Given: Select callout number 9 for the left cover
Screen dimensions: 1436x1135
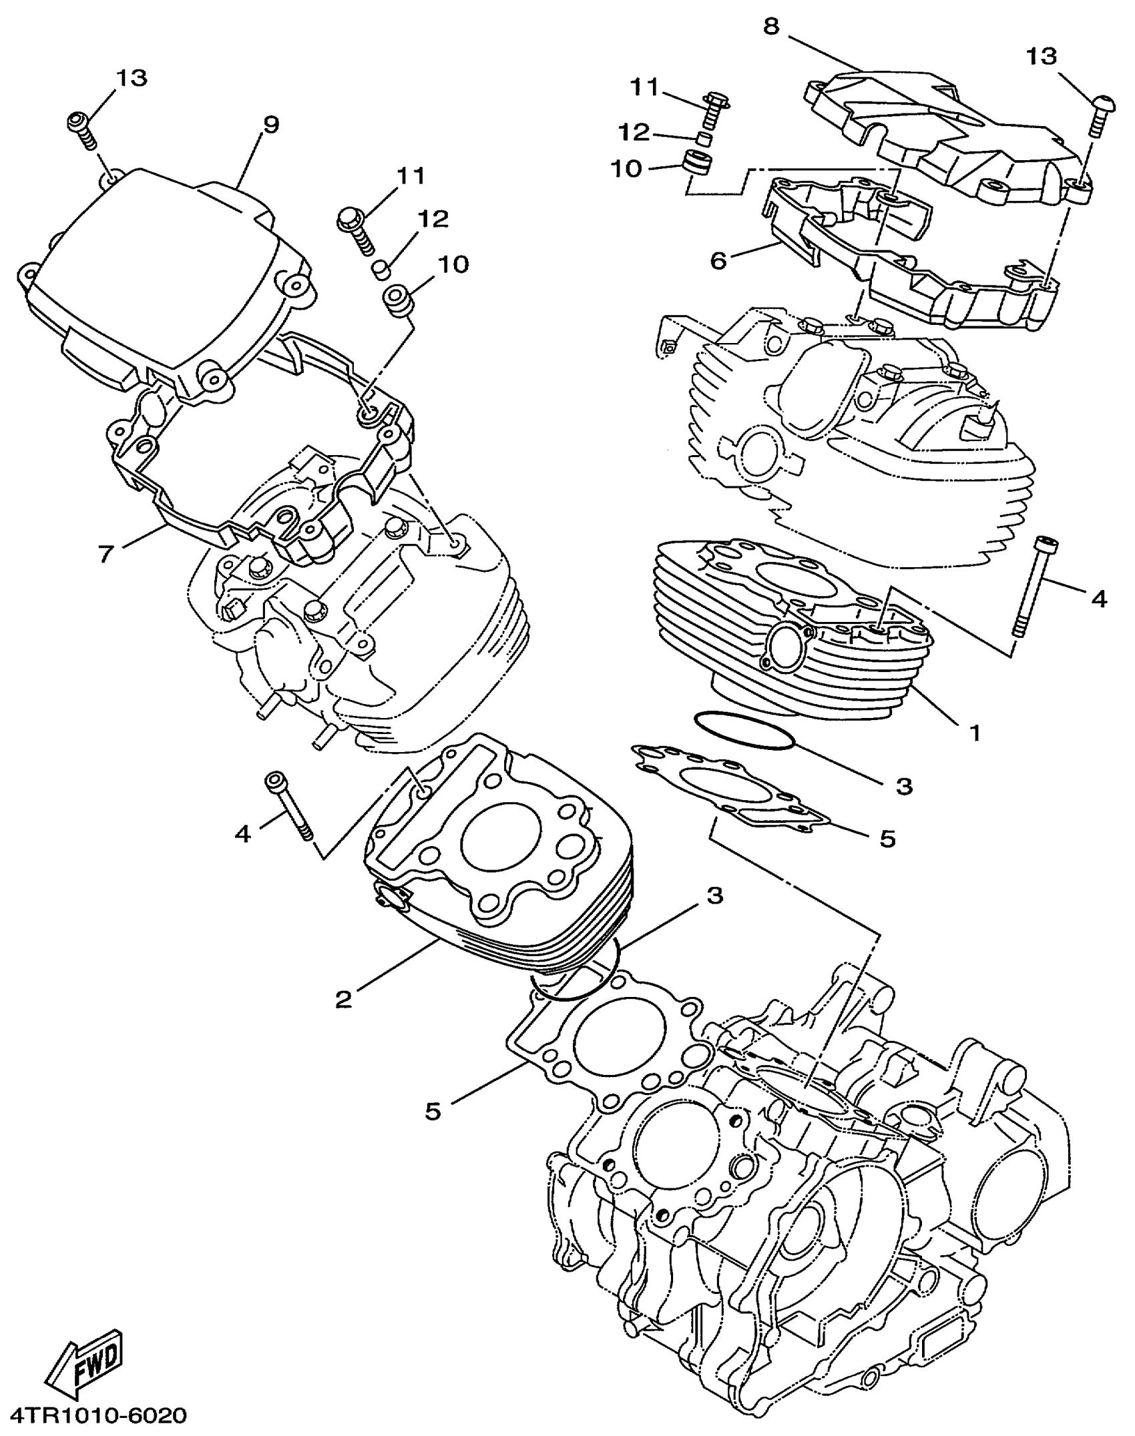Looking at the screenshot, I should (270, 124).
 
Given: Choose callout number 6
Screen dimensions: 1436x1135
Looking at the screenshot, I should (718, 260).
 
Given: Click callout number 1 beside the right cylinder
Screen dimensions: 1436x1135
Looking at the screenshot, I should (975, 733).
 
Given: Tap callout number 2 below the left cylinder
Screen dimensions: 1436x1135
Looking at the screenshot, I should (343, 998).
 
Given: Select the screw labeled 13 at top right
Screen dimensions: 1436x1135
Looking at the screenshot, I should (1100, 115).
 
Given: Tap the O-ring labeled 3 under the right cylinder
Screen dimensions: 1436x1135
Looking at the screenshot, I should (744, 731).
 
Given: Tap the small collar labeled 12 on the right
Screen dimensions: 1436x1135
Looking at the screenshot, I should (702, 139).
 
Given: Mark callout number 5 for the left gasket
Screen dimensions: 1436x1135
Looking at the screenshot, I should (433, 1111).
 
